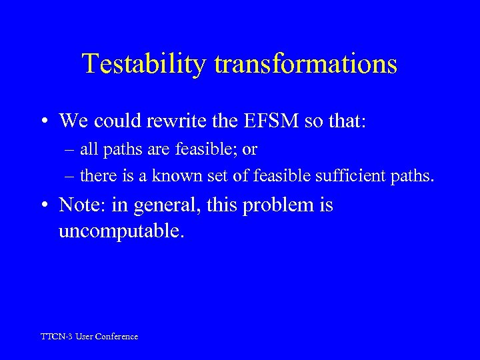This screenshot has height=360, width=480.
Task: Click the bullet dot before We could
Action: (43, 121)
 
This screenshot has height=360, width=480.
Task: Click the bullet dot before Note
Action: (43, 205)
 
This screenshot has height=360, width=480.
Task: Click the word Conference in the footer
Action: (116, 337)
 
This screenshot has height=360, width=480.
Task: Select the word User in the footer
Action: (84, 337)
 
